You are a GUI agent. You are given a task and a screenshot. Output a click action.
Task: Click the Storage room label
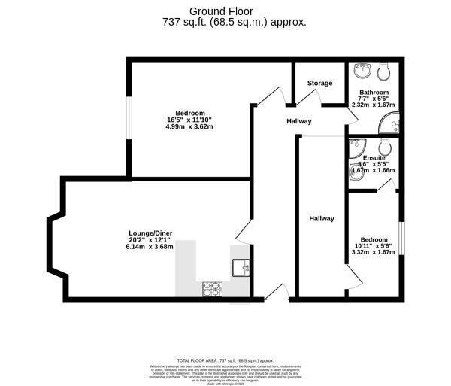pyautogui.click(x=319, y=83)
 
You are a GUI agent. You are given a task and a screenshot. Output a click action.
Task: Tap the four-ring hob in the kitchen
pyautogui.click(x=211, y=287)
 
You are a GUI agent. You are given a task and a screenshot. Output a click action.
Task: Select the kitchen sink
pyautogui.click(x=241, y=267)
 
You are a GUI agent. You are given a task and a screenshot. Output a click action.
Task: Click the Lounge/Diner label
pyautogui.click(x=150, y=233)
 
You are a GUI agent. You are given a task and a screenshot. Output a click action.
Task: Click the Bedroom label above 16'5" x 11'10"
pyautogui.click(x=169, y=113)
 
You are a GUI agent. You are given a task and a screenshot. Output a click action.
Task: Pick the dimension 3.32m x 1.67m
pyautogui.click(x=374, y=252)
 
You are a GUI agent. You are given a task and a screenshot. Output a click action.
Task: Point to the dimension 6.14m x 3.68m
pyautogui.click(x=150, y=246)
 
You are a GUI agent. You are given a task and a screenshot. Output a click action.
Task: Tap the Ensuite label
pyautogui.click(x=374, y=158)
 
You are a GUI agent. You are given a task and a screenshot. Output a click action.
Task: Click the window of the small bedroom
pyautogui.click(x=401, y=240)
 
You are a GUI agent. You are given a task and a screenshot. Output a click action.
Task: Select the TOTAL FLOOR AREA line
pyautogui.click(x=225, y=361)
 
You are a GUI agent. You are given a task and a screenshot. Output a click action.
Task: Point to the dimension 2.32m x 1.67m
pyautogui.click(x=374, y=105)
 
